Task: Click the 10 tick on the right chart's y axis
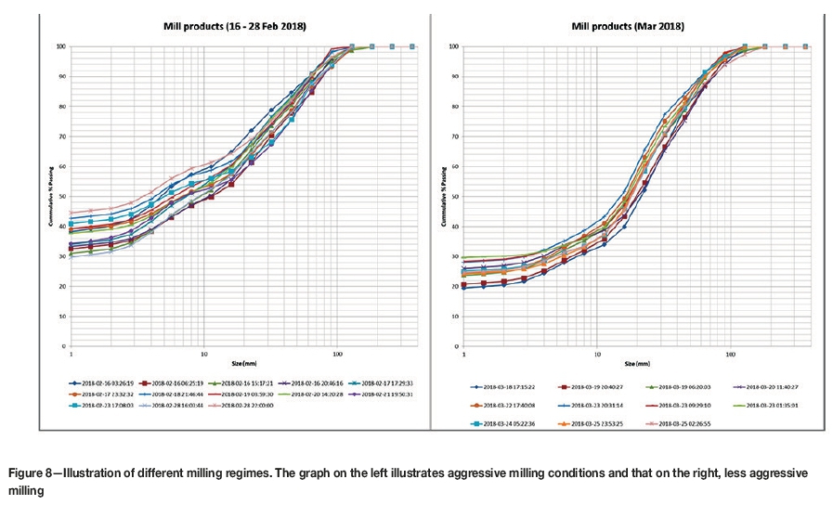[x=453, y=317]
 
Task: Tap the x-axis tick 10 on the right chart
[x=597, y=354]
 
